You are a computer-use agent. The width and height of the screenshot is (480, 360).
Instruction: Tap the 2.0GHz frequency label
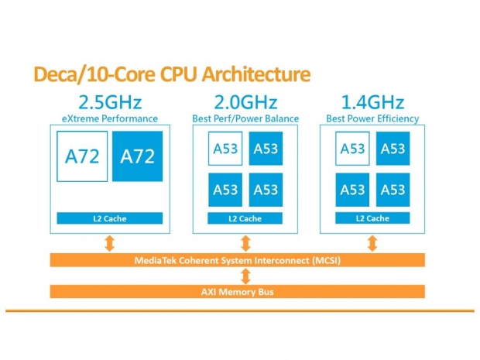[244, 102]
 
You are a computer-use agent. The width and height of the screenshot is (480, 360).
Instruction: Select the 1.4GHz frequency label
[372, 102]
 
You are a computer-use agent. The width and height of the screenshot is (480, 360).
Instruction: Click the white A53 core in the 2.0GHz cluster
[225, 149]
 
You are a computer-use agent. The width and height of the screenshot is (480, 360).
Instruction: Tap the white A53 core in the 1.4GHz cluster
[352, 149]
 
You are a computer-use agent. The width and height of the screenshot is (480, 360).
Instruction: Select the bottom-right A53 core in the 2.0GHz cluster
[265, 190]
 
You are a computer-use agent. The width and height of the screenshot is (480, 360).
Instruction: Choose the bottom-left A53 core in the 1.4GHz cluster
[352, 190]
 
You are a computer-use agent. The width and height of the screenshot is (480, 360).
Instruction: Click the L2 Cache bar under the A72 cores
[108, 219]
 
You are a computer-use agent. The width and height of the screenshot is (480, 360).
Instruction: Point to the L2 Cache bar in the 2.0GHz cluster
[244, 219]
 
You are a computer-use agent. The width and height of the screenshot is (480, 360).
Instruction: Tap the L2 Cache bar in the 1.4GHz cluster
[372, 218]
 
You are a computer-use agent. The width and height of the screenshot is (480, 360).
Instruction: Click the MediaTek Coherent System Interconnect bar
[238, 260]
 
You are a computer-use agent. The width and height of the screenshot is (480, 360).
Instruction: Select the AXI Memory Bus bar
[238, 291]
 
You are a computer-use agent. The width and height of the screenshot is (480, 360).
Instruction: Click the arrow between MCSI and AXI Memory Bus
[245, 276]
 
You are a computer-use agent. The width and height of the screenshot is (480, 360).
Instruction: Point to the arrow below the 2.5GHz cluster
[109, 243]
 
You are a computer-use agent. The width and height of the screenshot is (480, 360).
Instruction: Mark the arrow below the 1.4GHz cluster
[372, 243]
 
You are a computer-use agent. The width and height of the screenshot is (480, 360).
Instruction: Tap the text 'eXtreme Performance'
[108, 118]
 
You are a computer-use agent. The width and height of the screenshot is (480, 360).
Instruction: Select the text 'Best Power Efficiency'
[372, 118]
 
